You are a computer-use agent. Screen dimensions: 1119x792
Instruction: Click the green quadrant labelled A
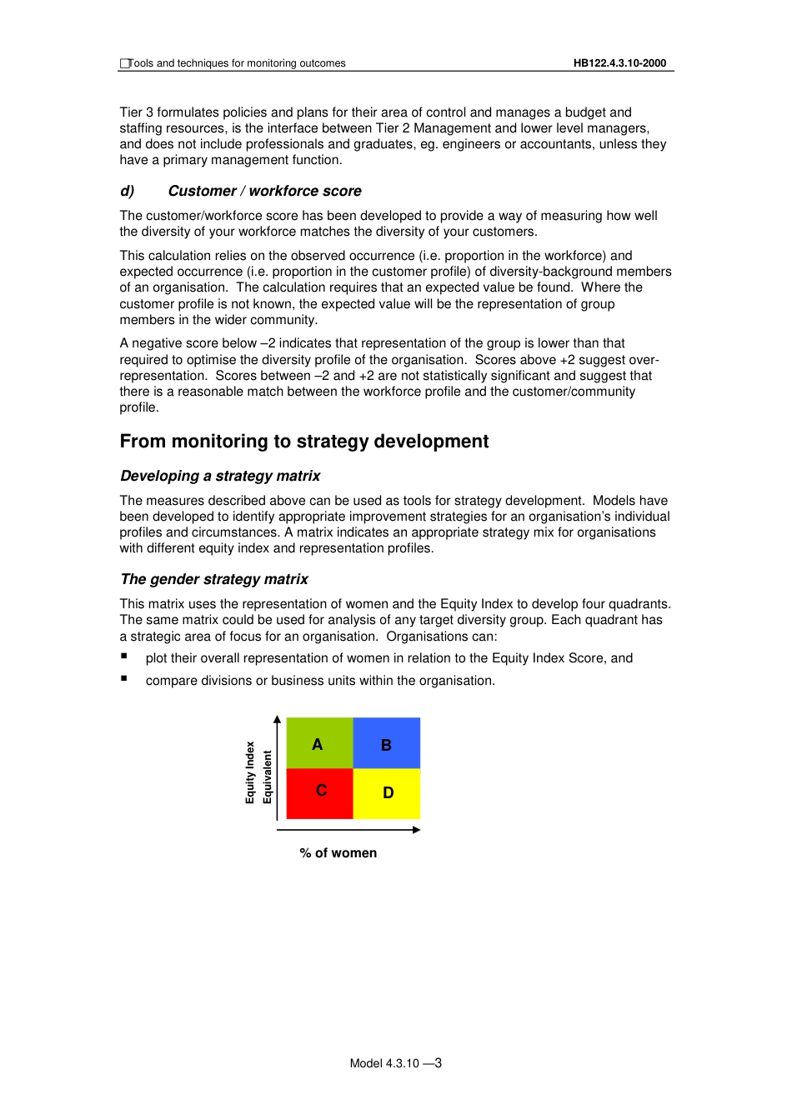point(319,742)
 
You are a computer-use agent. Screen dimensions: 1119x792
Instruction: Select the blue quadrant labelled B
point(387,743)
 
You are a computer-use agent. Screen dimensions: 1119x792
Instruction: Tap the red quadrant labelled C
point(319,793)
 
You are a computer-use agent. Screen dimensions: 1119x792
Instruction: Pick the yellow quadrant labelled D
point(387,793)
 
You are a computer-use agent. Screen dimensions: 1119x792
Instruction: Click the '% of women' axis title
point(338,853)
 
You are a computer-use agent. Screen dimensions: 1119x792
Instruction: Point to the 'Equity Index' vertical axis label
point(250,772)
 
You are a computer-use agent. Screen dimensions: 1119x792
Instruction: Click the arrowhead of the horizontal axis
point(416,830)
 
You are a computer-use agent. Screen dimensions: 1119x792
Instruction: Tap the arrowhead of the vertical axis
point(278,719)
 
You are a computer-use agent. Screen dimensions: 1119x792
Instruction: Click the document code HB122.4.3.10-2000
point(619,63)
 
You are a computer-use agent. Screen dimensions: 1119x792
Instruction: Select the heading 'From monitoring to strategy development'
point(304,442)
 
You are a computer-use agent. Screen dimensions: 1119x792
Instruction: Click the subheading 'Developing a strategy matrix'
point(220,476)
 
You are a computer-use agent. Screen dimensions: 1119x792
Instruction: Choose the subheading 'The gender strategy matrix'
point(214,579)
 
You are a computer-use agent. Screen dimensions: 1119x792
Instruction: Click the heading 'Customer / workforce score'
point(264,191)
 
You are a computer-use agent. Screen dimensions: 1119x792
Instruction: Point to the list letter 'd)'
point(128,191)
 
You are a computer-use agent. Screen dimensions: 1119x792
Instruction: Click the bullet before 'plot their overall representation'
point(123,656)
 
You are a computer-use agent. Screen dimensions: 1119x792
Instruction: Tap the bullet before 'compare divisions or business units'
point(123,678)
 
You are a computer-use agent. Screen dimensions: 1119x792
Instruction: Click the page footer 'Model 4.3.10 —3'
point(395,1063)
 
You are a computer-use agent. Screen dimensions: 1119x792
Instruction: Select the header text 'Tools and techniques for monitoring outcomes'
point(237,63)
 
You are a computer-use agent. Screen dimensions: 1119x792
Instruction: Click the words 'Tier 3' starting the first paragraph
point(136,112)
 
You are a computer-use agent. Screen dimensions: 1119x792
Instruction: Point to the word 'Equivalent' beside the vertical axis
point(268,777)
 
